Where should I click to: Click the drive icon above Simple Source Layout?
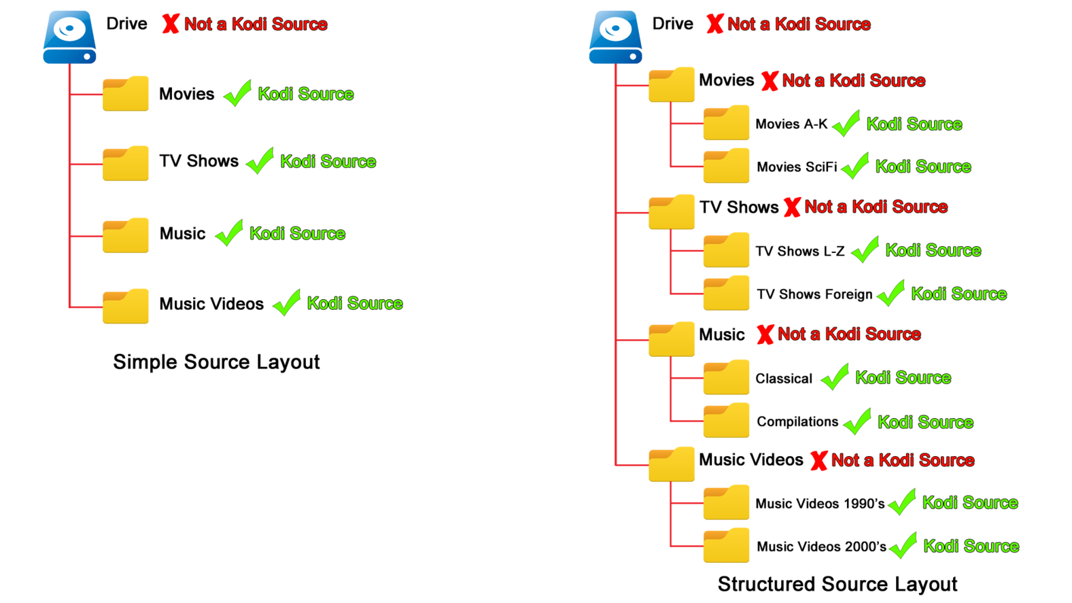tap(69, 37)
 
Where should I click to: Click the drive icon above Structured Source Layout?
tap(615, 37)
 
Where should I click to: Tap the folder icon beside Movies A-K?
tap(726, 123)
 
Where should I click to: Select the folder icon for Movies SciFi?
tap(726, 166)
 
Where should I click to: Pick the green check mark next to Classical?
tap(835, 377)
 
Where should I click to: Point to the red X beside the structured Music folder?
tap(765, 334)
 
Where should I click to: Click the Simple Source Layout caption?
tap(216, 362)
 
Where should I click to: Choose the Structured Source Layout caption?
tap(837, 584)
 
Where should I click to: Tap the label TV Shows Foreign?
tap(814, 294)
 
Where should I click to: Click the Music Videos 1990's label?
tap(820, 504)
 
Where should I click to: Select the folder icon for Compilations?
tap(726, 420)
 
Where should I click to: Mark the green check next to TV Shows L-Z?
tap(865, 250)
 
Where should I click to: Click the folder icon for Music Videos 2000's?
tap(726, 545)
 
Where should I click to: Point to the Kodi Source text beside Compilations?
tap(925, 422)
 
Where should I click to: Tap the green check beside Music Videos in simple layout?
tap(287, 303)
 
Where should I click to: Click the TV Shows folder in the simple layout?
tap(125, 163)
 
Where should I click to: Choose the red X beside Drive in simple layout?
tap(170, 24)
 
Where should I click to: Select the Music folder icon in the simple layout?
tap(125, 235)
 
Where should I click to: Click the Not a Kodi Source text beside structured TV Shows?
tap(876, 207)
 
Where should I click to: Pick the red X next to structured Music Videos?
tap(819, 460)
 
